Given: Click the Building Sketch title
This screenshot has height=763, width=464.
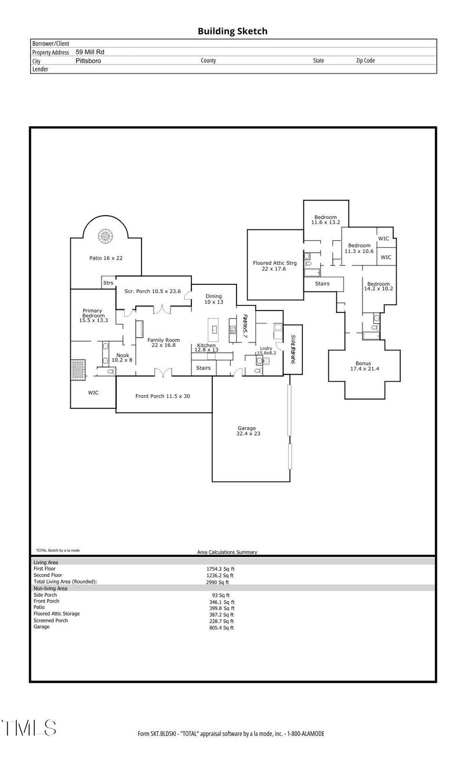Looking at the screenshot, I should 233,31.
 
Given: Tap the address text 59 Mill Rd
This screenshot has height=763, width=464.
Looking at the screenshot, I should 90,52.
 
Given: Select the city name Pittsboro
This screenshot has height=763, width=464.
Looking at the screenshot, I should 88,60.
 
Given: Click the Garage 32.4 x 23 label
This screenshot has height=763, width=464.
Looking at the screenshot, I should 246,431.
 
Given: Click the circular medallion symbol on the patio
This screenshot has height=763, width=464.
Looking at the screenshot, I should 106,236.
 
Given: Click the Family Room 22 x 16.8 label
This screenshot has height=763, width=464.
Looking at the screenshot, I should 163,342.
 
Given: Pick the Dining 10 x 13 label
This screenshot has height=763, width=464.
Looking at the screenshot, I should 213,299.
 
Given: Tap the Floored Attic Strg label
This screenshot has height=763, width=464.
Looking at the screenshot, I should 275,265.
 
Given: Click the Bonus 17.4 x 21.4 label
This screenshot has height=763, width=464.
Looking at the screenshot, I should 364,366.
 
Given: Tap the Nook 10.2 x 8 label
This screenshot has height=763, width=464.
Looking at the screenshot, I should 122,357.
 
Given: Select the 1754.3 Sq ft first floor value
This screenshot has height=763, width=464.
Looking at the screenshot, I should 216,569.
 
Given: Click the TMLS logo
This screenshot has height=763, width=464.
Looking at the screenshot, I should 29,728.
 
